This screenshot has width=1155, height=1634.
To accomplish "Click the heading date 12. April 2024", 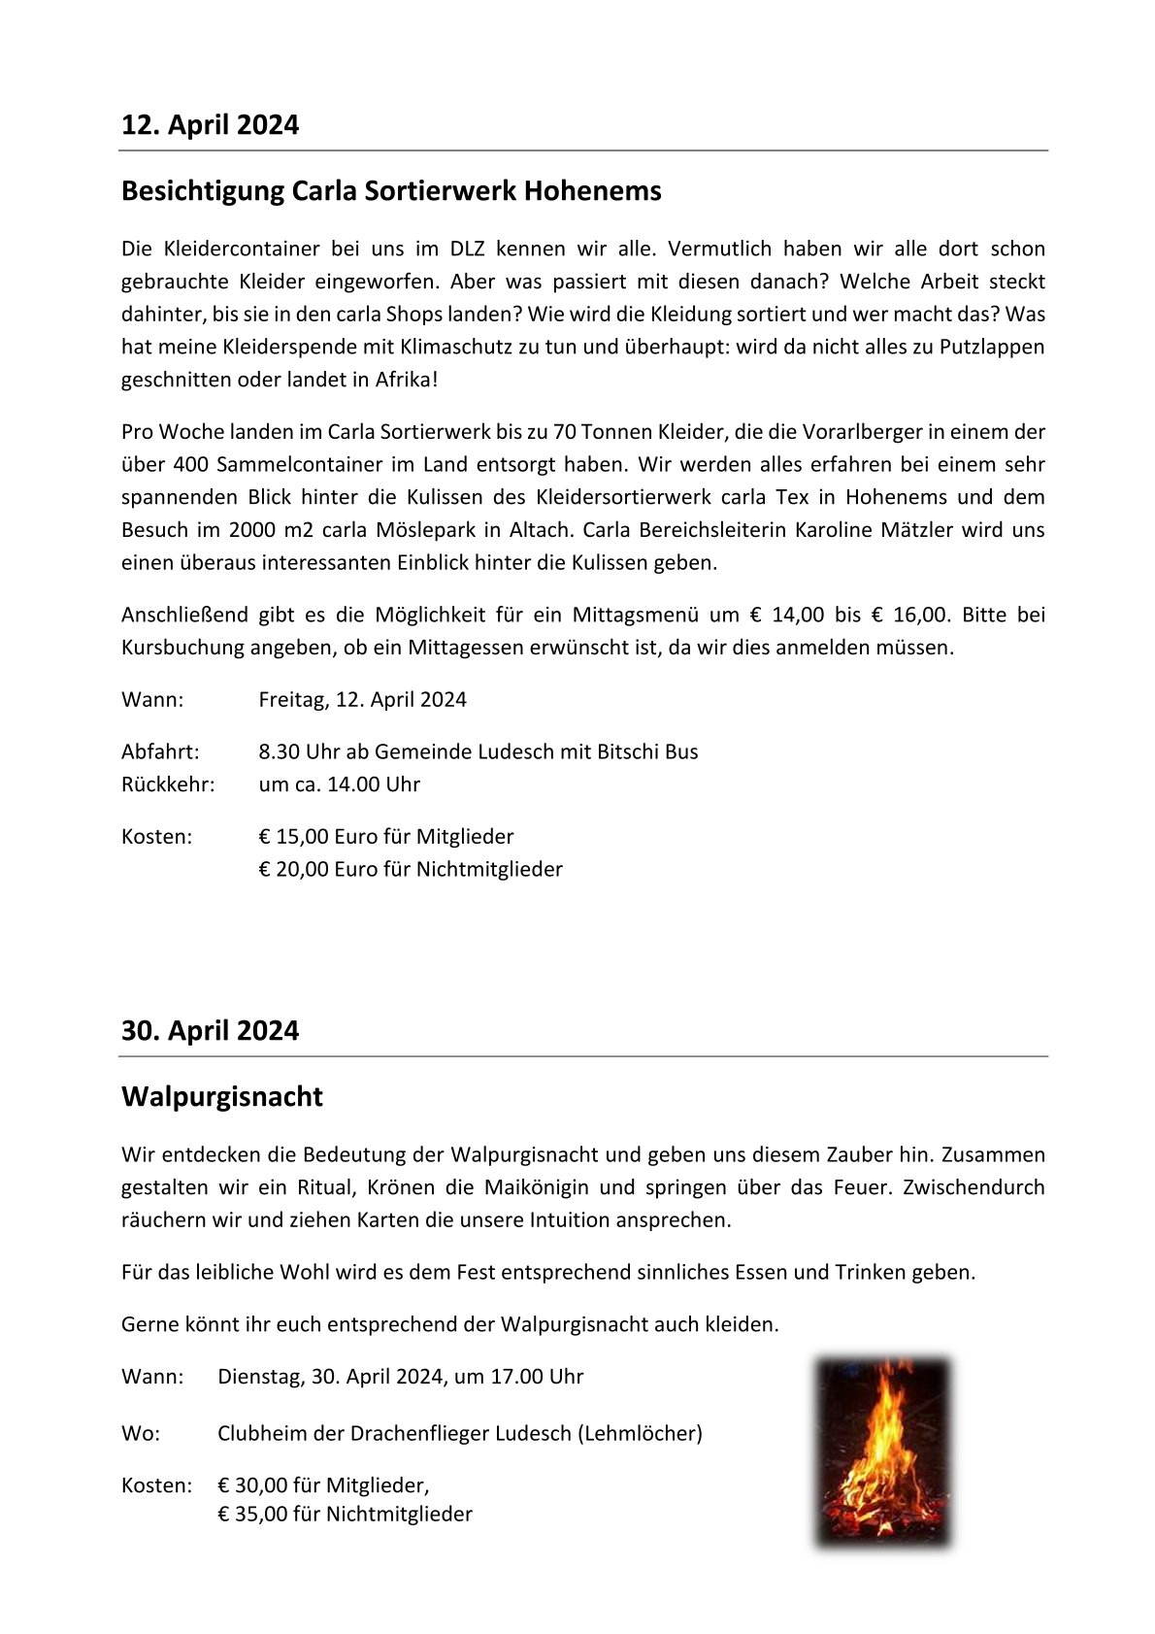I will [210, 125].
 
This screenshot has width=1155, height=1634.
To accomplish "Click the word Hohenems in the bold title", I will [593, 191].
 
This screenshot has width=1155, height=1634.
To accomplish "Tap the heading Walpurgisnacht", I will [221, 1097].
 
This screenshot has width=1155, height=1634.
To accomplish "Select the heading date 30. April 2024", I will [210, 1031].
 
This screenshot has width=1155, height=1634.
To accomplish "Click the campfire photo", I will [883, 1451].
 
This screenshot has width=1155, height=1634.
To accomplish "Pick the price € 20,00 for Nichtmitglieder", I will [298, 870].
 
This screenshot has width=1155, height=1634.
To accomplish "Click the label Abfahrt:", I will [160, 752].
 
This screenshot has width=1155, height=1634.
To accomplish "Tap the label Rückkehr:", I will [168, 784].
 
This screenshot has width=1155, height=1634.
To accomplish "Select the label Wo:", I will [141, 1434].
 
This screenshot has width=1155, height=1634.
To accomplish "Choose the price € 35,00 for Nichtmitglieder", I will [254, 1515].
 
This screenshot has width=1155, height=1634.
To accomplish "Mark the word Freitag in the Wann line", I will [293, 700].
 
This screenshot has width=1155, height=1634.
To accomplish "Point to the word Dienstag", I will [258, 1377].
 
